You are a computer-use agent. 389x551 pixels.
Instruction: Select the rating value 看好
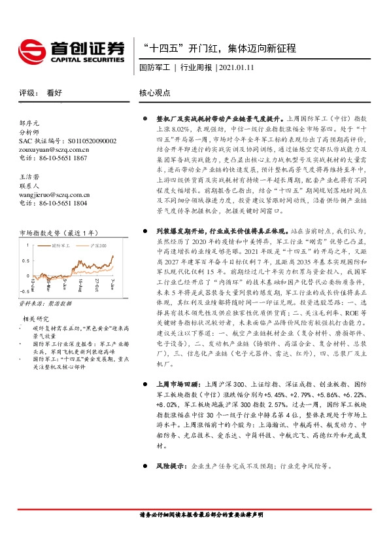54,93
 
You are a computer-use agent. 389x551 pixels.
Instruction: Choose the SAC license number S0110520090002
68,141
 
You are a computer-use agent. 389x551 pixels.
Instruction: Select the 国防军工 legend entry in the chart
61,245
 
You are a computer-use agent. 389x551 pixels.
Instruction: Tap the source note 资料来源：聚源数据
44,304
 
